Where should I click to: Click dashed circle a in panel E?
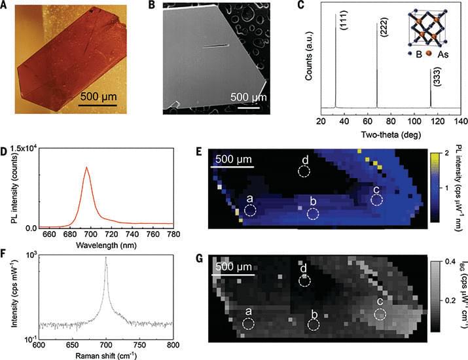pos(249,210)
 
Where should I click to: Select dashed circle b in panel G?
pos(314,324)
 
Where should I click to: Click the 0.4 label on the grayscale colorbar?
pos(448,262)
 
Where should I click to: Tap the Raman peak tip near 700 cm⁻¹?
pos(105,257)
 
